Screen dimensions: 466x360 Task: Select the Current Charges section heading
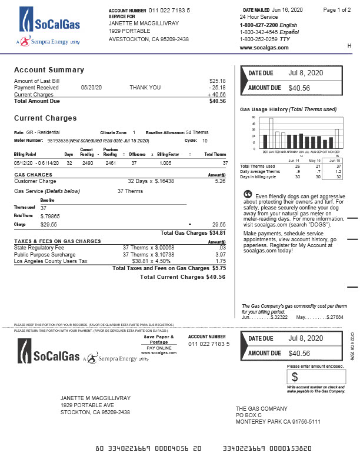point(45,118)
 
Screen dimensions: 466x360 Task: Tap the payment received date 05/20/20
point(91,88)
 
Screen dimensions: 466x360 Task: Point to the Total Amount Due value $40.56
point(217,101)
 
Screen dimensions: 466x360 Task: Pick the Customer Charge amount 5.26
point(220,181)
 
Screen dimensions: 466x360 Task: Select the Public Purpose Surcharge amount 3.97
point(220,255)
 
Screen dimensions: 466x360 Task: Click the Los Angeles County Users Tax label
point(50,261)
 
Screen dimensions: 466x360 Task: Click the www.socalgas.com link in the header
point(264,48)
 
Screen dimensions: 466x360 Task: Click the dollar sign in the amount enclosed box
point(295,377)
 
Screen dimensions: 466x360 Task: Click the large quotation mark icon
point(247,195)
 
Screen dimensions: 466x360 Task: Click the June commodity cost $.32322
point(279,317)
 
